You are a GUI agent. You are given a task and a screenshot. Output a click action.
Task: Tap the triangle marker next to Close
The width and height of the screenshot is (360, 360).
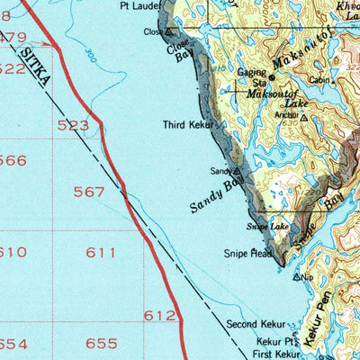point(168,31)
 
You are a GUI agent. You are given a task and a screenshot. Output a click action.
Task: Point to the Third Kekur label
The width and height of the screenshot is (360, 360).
point(187,125)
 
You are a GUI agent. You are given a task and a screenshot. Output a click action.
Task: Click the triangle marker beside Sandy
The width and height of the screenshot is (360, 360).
point(238,169)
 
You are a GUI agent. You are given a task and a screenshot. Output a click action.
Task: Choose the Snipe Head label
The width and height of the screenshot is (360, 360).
point(247,254)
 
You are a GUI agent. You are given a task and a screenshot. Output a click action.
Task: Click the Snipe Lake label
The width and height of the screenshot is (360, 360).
point(268,227)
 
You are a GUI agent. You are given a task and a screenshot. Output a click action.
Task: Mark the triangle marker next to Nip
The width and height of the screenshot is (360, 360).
point(298,278)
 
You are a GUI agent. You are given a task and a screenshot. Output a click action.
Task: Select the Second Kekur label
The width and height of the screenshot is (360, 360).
point(255,323)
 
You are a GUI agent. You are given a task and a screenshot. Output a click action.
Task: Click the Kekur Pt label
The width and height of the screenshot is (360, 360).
point(275,342)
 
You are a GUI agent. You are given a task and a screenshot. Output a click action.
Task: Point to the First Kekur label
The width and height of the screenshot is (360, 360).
point(276,355)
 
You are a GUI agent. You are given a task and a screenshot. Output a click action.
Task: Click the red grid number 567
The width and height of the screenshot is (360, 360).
point(90,192)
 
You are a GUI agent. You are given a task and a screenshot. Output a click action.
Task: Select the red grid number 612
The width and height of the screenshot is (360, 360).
point(159,315)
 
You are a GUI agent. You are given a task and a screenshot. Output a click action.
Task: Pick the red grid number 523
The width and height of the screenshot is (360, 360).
point(73,126)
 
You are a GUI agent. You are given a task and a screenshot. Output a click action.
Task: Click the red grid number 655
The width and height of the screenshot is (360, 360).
point(101,344)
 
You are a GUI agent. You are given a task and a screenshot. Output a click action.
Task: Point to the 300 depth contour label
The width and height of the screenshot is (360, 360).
point(90,55)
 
